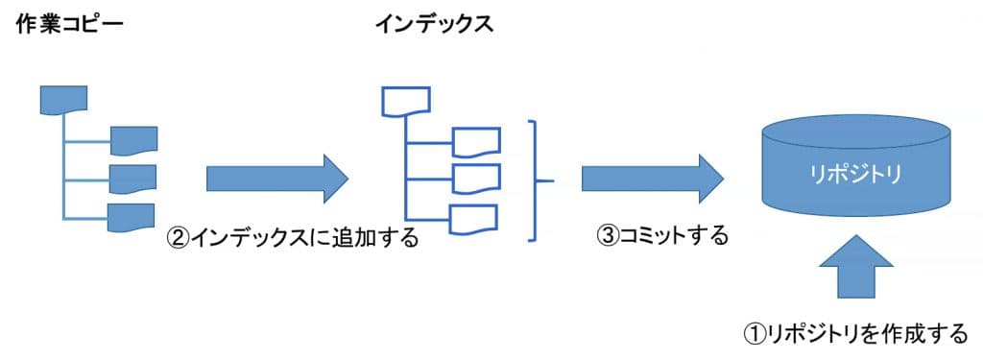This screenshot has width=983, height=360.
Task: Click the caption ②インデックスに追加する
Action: point(293,237)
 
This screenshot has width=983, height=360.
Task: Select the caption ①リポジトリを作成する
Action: point(855,333)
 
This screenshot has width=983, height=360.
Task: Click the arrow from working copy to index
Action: point(276,178)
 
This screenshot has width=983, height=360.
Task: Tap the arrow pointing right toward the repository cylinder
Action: point(651,178)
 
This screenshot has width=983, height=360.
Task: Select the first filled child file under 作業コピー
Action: point(133,140)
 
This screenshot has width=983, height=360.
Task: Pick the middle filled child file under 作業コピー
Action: point(133,179)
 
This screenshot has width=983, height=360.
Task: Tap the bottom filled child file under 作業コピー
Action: point(133,217)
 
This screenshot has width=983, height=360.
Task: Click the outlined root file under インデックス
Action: point(406,100)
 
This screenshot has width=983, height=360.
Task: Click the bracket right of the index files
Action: point(538,180)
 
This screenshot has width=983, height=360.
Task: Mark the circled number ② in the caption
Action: point(180,237)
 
